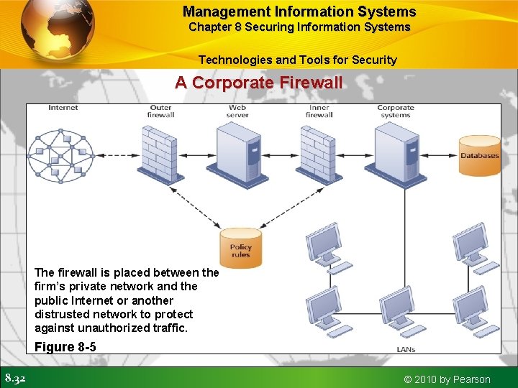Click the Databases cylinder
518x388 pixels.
click(480, 155)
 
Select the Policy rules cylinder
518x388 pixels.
click(240, 249)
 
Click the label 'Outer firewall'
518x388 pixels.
click(160, 111)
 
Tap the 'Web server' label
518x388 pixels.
click(237, 111)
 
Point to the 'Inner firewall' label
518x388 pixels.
click(318, 111)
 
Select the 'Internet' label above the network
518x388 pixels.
click(63, 108)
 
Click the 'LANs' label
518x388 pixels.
click(406, 349)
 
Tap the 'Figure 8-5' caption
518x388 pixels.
click(65, 347)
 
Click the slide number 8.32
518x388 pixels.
click(16, 378)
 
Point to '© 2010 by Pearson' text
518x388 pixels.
click(447, 379)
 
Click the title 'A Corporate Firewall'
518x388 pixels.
click(259, 83)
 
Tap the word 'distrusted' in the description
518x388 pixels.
click(63, 314)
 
